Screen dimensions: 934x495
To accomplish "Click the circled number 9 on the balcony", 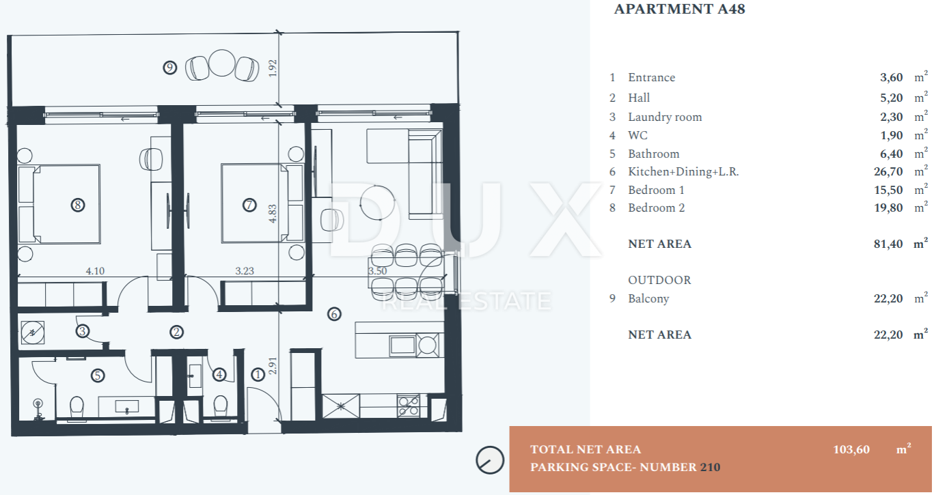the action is click(x=169, y=68).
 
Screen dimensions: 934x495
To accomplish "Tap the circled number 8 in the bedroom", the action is click(x=78, y=205).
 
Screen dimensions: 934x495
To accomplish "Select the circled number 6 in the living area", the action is click(x=334, y=314).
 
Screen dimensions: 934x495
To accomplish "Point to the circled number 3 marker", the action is click(x=83, y=331).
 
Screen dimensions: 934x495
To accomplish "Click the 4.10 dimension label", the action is click(x=95, y=271).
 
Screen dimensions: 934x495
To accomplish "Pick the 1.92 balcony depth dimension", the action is click(x=273, y=68).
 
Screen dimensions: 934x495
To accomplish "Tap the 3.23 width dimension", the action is click(x=245, y=271).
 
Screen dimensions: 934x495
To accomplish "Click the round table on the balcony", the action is click(x=222, y=63).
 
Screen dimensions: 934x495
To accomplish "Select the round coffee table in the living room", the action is click(x=377, y=203).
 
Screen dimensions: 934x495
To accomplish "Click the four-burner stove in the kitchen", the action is click(x=409, y=406).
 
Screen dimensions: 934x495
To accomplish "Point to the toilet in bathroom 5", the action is click(x=77, y=407).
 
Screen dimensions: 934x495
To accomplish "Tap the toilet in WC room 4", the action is click(x=221, y=406).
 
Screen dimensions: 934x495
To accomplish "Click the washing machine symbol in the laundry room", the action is click(x=33, y=333).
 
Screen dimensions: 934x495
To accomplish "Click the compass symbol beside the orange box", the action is click(x=490, y=460).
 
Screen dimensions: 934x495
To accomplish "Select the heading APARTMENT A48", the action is click(x=680, y=9).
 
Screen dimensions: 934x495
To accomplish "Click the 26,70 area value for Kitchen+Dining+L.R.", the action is click(x=888, y=171).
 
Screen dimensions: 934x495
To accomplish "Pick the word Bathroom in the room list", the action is click(x=654, y=154).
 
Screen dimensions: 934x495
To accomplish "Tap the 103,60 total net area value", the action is click(x=851, y=449).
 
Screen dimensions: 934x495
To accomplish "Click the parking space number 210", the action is click(x=710, y=467).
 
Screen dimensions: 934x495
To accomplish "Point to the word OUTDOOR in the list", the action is click(x=659, y=280).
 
